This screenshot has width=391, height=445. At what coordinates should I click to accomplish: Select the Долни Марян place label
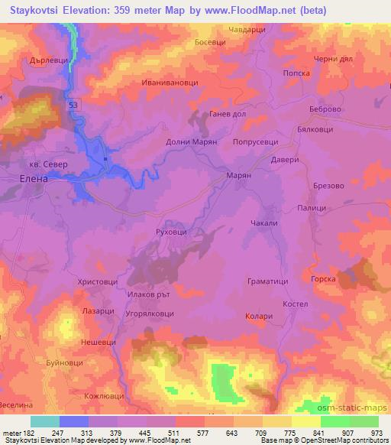[x=192, y=142]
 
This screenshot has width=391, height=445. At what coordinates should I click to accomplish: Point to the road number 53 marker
[x=73, y=105]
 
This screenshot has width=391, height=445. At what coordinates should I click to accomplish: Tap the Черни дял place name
[x=332, y=60]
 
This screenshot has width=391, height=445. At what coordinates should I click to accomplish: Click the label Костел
[x=294, y=304]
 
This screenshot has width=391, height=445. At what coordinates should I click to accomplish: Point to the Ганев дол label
[x=227, y=113]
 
